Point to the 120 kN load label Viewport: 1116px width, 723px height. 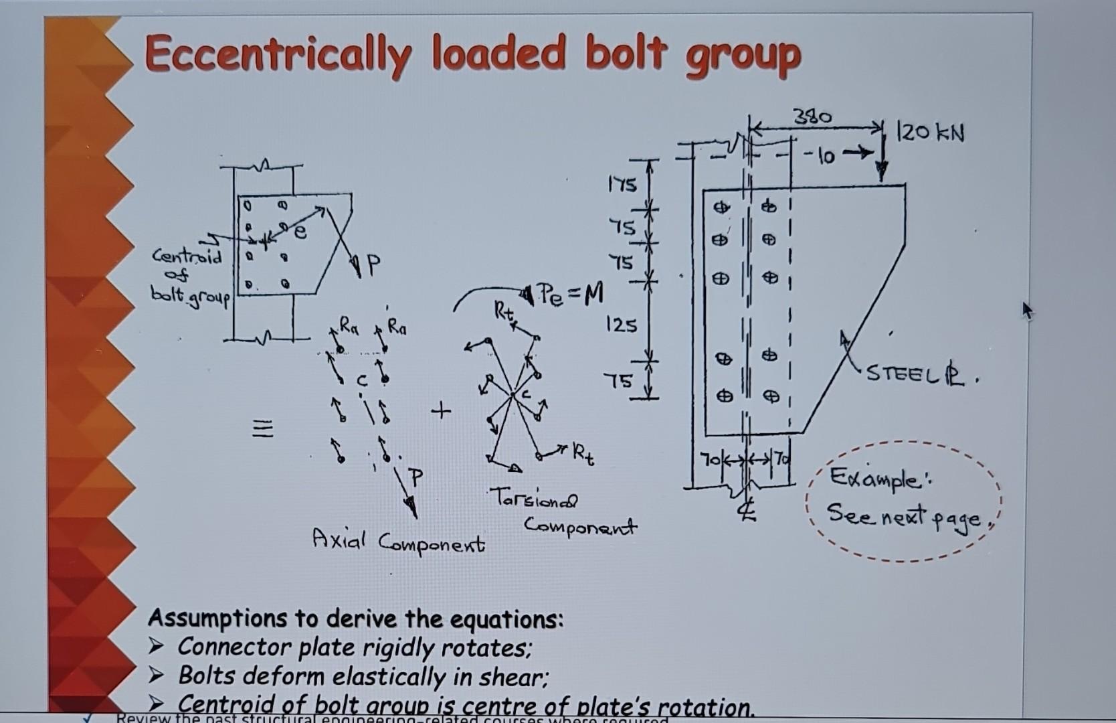931,133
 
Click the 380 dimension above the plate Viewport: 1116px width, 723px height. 812,117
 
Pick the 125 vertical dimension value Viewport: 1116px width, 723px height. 622,325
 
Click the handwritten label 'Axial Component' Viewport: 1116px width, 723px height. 398,541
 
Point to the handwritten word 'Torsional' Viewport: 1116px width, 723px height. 533,499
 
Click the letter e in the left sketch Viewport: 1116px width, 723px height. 300,232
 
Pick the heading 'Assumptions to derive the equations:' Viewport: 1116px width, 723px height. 355,619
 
